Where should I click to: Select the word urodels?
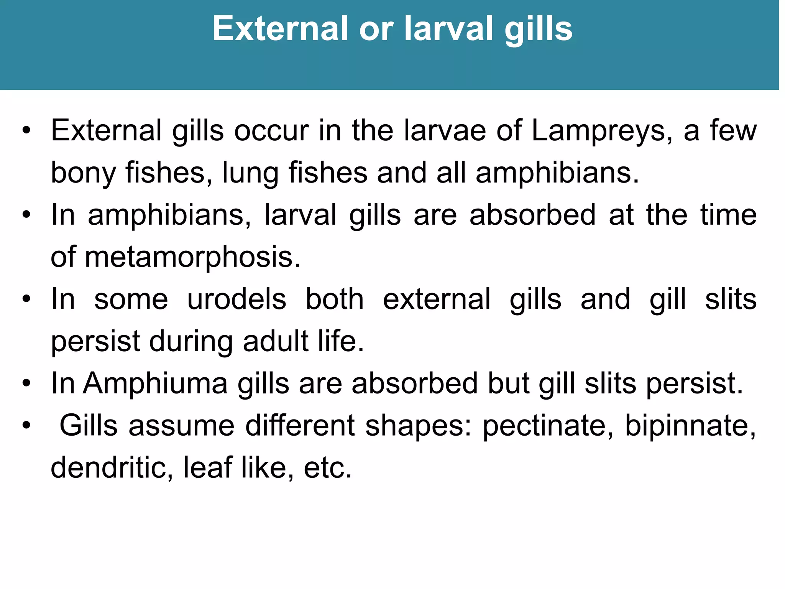(236, 299)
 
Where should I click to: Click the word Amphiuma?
(156, 383)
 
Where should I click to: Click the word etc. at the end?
(328, 468)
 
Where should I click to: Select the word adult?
(276, 341)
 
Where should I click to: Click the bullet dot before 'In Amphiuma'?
(26, 383)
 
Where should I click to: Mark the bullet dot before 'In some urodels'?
(26, 299)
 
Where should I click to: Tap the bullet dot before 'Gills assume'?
(26, 426)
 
